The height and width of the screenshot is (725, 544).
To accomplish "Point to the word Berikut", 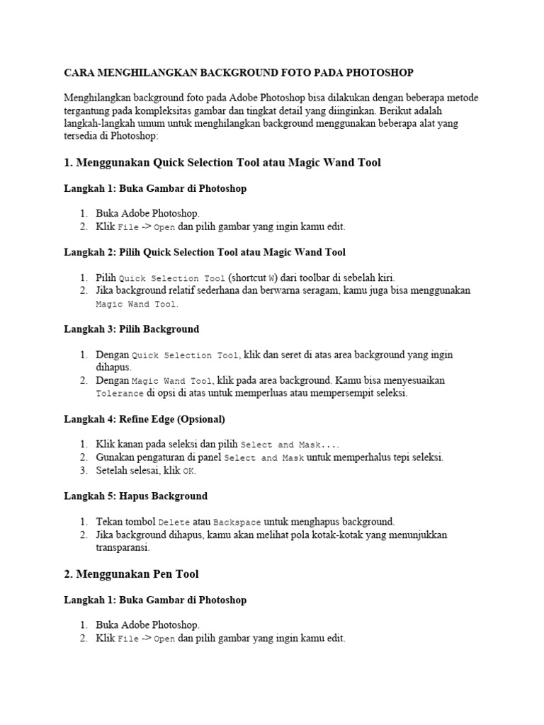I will tap(396, 110).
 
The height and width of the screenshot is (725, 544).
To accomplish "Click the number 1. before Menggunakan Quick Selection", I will tap(69, 163).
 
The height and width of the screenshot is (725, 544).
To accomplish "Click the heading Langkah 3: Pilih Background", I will tap(131, 329).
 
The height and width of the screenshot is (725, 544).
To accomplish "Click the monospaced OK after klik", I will tap(188, 471).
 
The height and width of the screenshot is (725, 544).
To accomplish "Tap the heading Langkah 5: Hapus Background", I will tap(135, 496).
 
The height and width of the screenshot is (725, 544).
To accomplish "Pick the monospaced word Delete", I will tap(173, 523).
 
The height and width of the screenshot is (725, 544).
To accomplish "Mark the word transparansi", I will tap(123, 547).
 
